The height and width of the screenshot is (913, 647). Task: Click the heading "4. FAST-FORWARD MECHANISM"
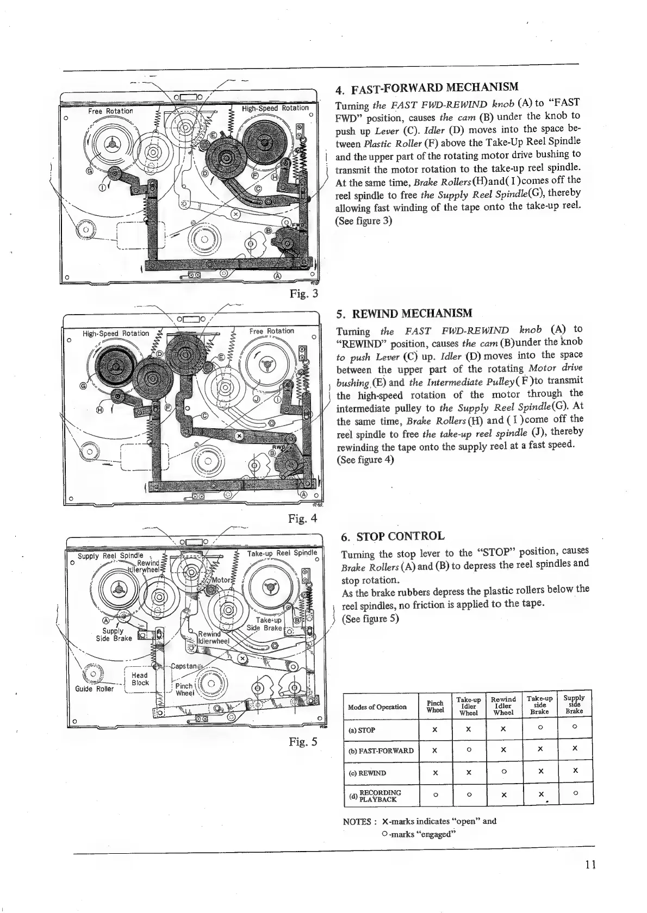427,87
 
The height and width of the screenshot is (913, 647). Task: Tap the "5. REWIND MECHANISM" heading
405,314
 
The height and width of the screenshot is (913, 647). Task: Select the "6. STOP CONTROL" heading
393,536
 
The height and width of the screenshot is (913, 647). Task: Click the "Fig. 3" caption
303,295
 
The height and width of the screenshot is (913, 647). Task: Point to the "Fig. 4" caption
303,518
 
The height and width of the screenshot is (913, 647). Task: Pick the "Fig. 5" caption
303,742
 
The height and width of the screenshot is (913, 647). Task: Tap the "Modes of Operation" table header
377,706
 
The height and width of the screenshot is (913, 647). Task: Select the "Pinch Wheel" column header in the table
435,706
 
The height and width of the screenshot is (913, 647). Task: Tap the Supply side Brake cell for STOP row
574,727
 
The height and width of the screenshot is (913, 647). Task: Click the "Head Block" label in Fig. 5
140,679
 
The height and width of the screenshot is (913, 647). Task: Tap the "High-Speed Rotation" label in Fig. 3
275,108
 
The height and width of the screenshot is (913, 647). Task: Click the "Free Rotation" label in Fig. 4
272,330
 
